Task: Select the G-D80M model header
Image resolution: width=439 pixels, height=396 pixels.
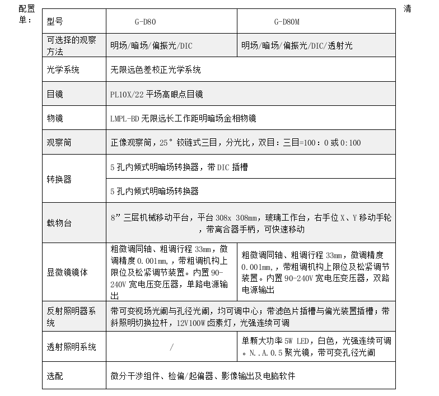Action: [x=287, y=22]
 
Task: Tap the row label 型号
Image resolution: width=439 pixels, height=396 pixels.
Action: [x=55, y=22]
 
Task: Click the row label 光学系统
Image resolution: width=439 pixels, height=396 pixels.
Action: [x=63, y=70]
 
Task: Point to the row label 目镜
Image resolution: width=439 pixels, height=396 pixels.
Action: [x=55, y=94]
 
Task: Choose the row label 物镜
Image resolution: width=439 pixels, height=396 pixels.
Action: [x=55, y=118]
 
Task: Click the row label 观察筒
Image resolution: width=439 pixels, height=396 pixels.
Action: [x=59, y=142]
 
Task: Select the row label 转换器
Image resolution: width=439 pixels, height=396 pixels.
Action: [x=59, y=179]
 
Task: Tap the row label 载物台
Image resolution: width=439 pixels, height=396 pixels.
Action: [x=59, y=223]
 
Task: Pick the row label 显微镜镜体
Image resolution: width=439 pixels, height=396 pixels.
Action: [x=67, y=272]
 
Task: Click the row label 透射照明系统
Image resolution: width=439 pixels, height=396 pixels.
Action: [x=72, y=347]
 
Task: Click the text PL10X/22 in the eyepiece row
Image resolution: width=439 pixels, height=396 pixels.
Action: [x=128, y=94]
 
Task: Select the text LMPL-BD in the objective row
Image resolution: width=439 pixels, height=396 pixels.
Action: [x=125, y=118]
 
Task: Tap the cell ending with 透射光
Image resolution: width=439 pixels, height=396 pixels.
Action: [x=297, y=46]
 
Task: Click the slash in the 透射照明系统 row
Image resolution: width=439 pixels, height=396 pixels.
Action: [x=171, y=347]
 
